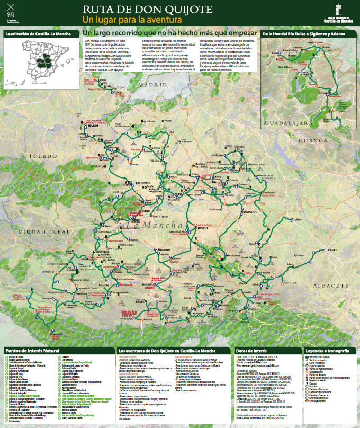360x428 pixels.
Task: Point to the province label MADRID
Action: click(x=150, y=85)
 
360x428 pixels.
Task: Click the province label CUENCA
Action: click(x=313, y=140)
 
